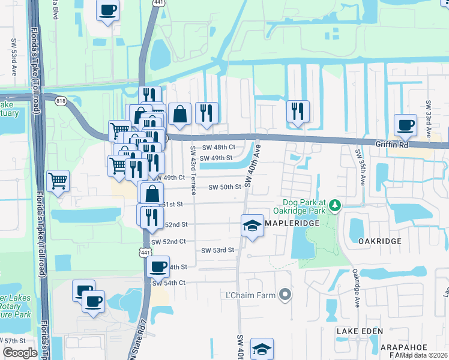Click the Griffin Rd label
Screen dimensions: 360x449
(x=391, y=145)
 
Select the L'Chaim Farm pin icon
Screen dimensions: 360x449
(x=286, y=295)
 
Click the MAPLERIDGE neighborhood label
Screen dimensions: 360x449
(x=291, y=223)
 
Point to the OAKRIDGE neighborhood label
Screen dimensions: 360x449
(x=379, y=241)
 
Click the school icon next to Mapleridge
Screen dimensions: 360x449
(x=253, y=226)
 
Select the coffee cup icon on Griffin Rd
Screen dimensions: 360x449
(x=405, y=125)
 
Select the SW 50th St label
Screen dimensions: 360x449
(x=224, y=187)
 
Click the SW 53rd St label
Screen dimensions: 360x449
(x=217, y=250)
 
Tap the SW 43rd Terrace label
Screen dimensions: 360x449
(x=193, y=171)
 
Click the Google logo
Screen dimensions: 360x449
(x=20, y=353)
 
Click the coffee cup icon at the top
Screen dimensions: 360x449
(x=107, y=10)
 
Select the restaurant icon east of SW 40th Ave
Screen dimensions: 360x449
(x=298, y=111)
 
